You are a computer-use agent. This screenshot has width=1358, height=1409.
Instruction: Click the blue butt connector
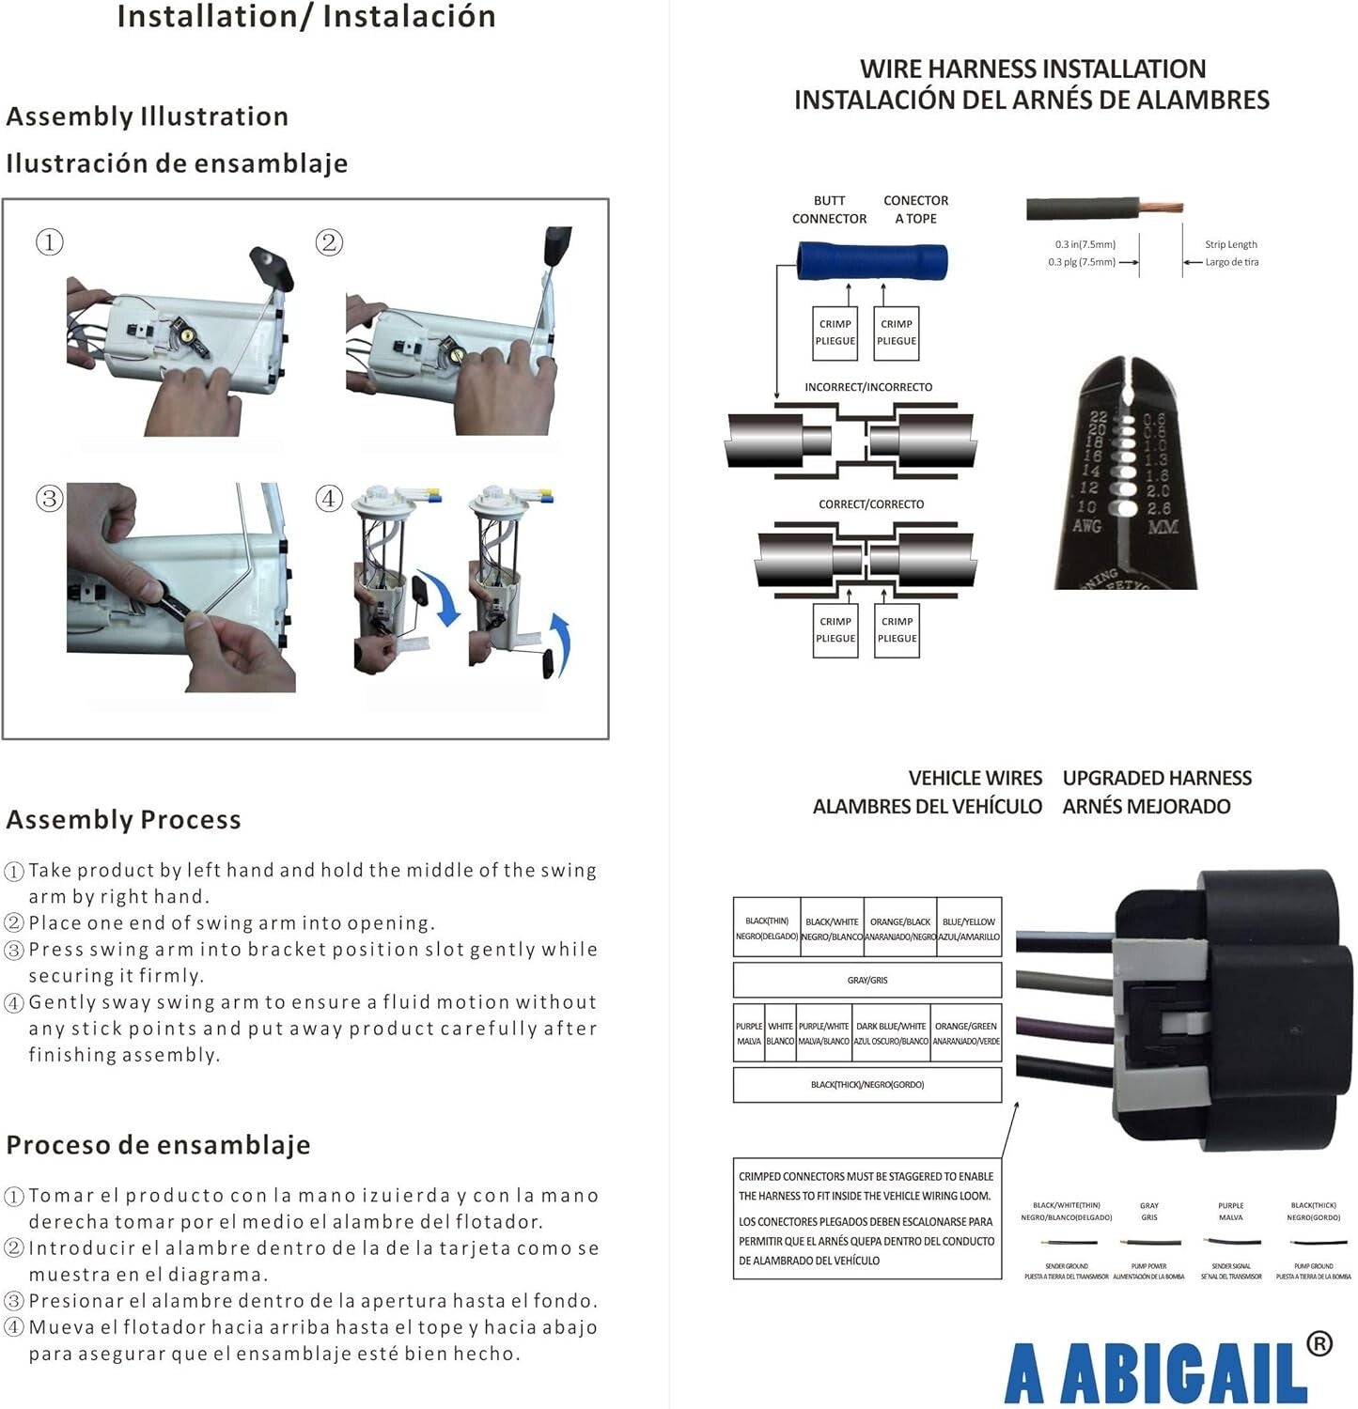[872, 261]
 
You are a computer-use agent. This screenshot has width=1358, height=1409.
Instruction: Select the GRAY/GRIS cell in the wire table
[866, 980]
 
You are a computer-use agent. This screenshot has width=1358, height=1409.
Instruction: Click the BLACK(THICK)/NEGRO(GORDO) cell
[866, 1085]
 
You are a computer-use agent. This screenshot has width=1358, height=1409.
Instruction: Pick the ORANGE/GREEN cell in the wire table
[966, 1033]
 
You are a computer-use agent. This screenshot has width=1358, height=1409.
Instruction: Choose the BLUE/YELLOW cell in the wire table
[969, 928]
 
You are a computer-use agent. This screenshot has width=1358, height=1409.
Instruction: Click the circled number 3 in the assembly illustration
[49, 498]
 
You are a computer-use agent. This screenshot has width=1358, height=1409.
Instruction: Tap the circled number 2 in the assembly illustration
[328, 242]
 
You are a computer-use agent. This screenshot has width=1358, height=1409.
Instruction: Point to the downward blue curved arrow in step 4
[441, 597]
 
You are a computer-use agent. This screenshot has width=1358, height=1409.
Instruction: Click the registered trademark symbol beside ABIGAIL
[1319, 1344]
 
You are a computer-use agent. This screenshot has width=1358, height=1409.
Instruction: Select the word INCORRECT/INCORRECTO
[868, 387]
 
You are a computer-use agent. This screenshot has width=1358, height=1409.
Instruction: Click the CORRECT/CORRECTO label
[871, 504]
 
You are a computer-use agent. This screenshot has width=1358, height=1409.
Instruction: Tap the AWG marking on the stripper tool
[1086, 527]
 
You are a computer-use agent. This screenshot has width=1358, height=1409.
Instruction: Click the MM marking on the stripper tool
[1163, 527]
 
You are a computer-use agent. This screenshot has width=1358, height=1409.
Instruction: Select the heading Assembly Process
[124, 820]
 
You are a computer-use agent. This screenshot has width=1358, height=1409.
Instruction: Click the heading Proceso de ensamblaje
[158, 1145]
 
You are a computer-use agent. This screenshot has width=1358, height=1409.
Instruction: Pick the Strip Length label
[1231, 244]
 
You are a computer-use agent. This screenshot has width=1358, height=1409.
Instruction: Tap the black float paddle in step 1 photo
[272, 267]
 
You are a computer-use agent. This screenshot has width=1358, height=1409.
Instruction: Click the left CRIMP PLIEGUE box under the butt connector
[835, 333]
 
